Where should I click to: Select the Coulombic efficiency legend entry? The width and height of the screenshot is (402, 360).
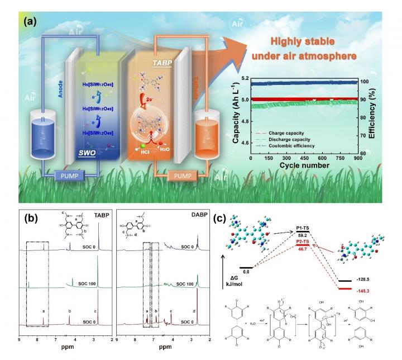pyautogui.click(x=281, y=146)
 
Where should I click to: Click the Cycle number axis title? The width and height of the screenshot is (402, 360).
pyautogui.click(x=303, y=166)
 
